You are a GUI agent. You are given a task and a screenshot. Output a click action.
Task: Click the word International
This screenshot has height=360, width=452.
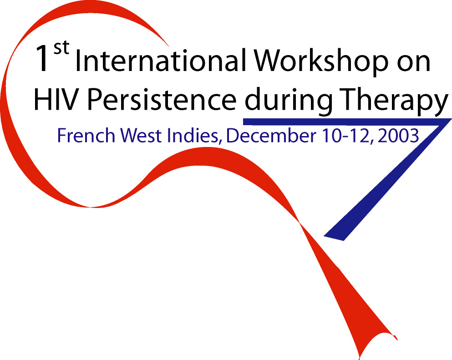click(x=161, y=60)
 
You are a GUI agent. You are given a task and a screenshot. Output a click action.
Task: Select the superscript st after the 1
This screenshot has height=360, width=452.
click(x=61, y=47)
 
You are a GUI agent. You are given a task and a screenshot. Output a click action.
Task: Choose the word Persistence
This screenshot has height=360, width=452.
click(x=162, y=99)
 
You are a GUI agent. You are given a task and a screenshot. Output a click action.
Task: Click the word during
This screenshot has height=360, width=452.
click(x=289, y=101)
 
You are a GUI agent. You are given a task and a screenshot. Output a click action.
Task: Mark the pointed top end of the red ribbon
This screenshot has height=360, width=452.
click(x=168, y=46)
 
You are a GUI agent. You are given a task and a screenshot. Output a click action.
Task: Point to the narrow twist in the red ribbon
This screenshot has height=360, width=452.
click(x=300, y=223)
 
